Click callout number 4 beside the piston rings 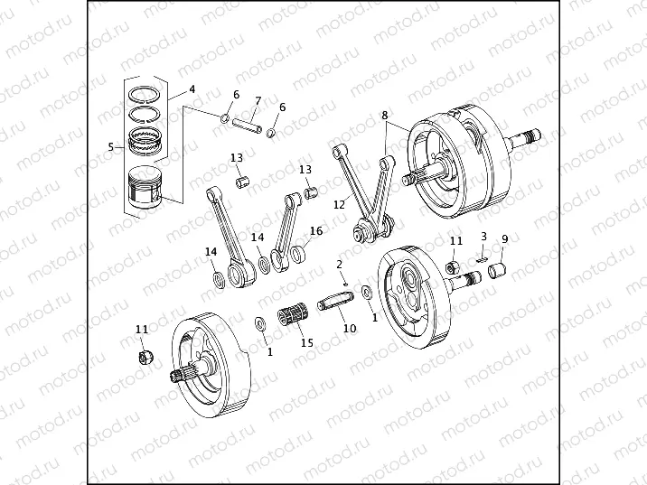[192, 89]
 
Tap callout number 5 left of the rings [110, 146]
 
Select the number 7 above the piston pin [258, 100]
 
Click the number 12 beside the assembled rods [339, 205]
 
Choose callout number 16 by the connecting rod [316, 230]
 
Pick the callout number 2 [339, 264]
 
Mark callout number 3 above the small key [483, 236]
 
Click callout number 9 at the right [505, 238]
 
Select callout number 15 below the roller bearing [306, 343]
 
